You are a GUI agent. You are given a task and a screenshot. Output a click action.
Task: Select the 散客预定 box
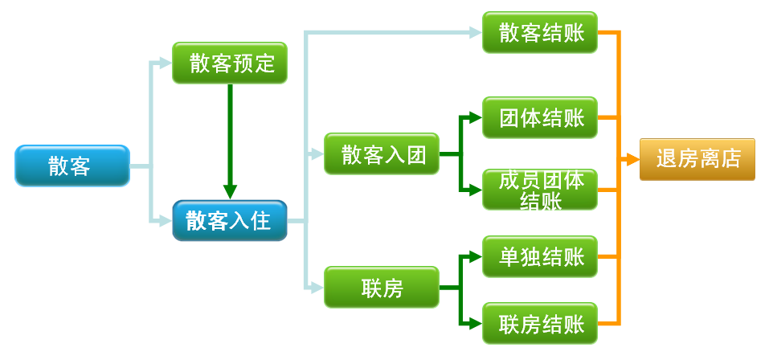[230, 63]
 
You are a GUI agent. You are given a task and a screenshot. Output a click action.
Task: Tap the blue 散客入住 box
[230, 219]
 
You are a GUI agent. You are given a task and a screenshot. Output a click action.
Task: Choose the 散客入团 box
[382, 153]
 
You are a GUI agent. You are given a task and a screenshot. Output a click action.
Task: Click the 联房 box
[382, 287]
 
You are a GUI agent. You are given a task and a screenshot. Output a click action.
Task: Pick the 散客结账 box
[540, 33]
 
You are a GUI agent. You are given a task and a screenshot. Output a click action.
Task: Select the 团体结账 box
[540, 118]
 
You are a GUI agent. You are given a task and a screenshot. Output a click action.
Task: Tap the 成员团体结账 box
[540, 190]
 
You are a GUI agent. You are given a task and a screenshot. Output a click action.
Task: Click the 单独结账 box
[540, 257]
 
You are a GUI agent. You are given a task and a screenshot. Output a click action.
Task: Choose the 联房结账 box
[540, 324]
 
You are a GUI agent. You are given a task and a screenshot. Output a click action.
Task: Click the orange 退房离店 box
[697, 159]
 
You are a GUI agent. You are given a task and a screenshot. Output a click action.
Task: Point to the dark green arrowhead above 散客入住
[230, 192]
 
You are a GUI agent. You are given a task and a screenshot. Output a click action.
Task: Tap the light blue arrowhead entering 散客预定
[166, 63]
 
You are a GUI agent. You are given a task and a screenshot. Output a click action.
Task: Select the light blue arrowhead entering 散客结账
[475, 33]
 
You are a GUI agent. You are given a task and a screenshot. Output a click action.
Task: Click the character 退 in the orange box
[666, 159]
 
